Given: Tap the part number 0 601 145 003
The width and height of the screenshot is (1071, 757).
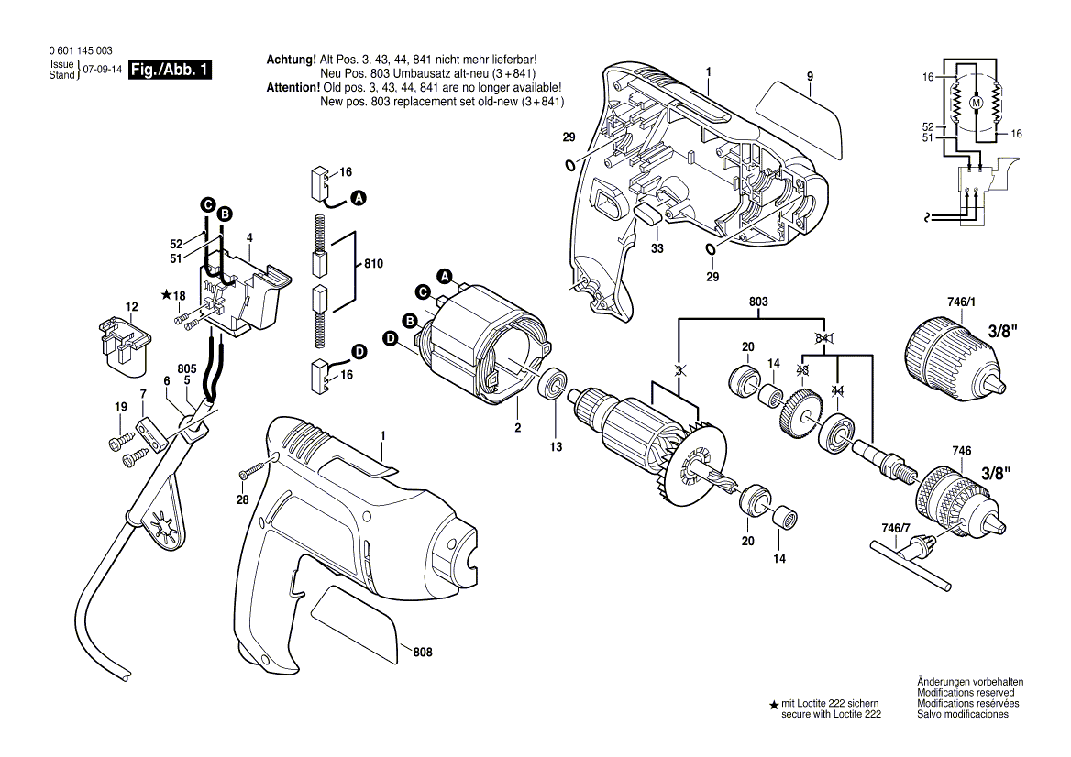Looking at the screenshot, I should [78, 51].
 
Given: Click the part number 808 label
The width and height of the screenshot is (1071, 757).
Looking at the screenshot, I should [422, 653].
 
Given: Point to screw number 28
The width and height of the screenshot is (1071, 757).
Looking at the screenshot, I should [251, 474].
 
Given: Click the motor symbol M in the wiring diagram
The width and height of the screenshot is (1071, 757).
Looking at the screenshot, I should [975, 104].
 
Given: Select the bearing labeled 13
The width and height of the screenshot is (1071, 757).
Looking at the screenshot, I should [554, 384].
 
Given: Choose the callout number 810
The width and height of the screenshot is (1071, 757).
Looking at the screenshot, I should [373, 264].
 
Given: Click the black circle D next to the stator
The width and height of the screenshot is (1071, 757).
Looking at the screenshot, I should [390, 338].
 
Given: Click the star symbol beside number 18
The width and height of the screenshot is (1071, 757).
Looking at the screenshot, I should [166, 295].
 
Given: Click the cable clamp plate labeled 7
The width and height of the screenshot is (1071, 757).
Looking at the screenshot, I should [151, 433].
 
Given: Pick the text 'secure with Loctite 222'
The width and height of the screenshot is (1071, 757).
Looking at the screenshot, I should [831, 714].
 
